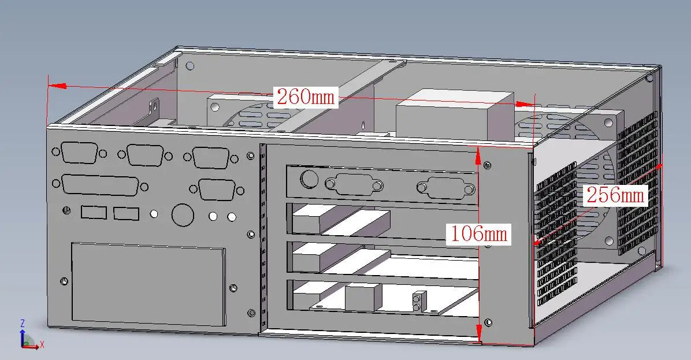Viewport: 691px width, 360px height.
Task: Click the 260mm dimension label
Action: pos(306,97)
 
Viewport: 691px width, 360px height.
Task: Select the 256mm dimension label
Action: pos(616,195)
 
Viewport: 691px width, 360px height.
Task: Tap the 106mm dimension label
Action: pos(478,233)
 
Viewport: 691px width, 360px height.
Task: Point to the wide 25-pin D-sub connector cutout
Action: pos(101,185)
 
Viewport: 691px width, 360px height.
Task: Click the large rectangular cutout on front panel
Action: pos(148,284)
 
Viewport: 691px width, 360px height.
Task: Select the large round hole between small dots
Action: pos(183,215)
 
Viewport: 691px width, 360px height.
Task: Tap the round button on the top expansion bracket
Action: pos(309,179)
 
